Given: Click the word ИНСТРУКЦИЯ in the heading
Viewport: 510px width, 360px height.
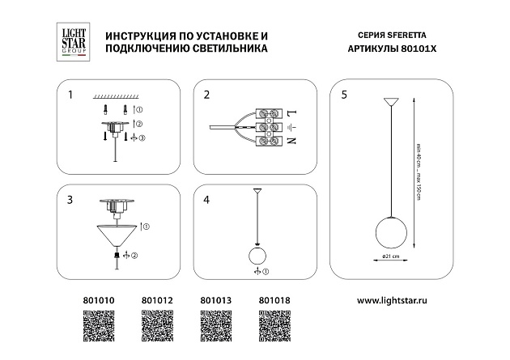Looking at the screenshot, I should pyautogui.click(x=131, y=37).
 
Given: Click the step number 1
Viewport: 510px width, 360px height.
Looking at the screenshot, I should pyautogui.click(x=70, y=95).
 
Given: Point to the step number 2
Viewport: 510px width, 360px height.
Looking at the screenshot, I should pyautogui.click(x=207, y=95).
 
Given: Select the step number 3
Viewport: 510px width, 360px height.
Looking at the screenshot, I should pyautogui.click(x=70, y=199).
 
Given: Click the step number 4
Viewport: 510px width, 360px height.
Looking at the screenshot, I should pyautogui.click(x=207, y=199).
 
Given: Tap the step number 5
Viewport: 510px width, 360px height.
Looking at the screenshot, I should pyautogui.click(x=344, y=95).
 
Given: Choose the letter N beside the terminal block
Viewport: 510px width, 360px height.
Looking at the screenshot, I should pyautogui.click(x=292, y=141).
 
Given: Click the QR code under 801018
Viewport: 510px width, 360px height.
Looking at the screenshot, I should pyautogui.click(x=274, y=328).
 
